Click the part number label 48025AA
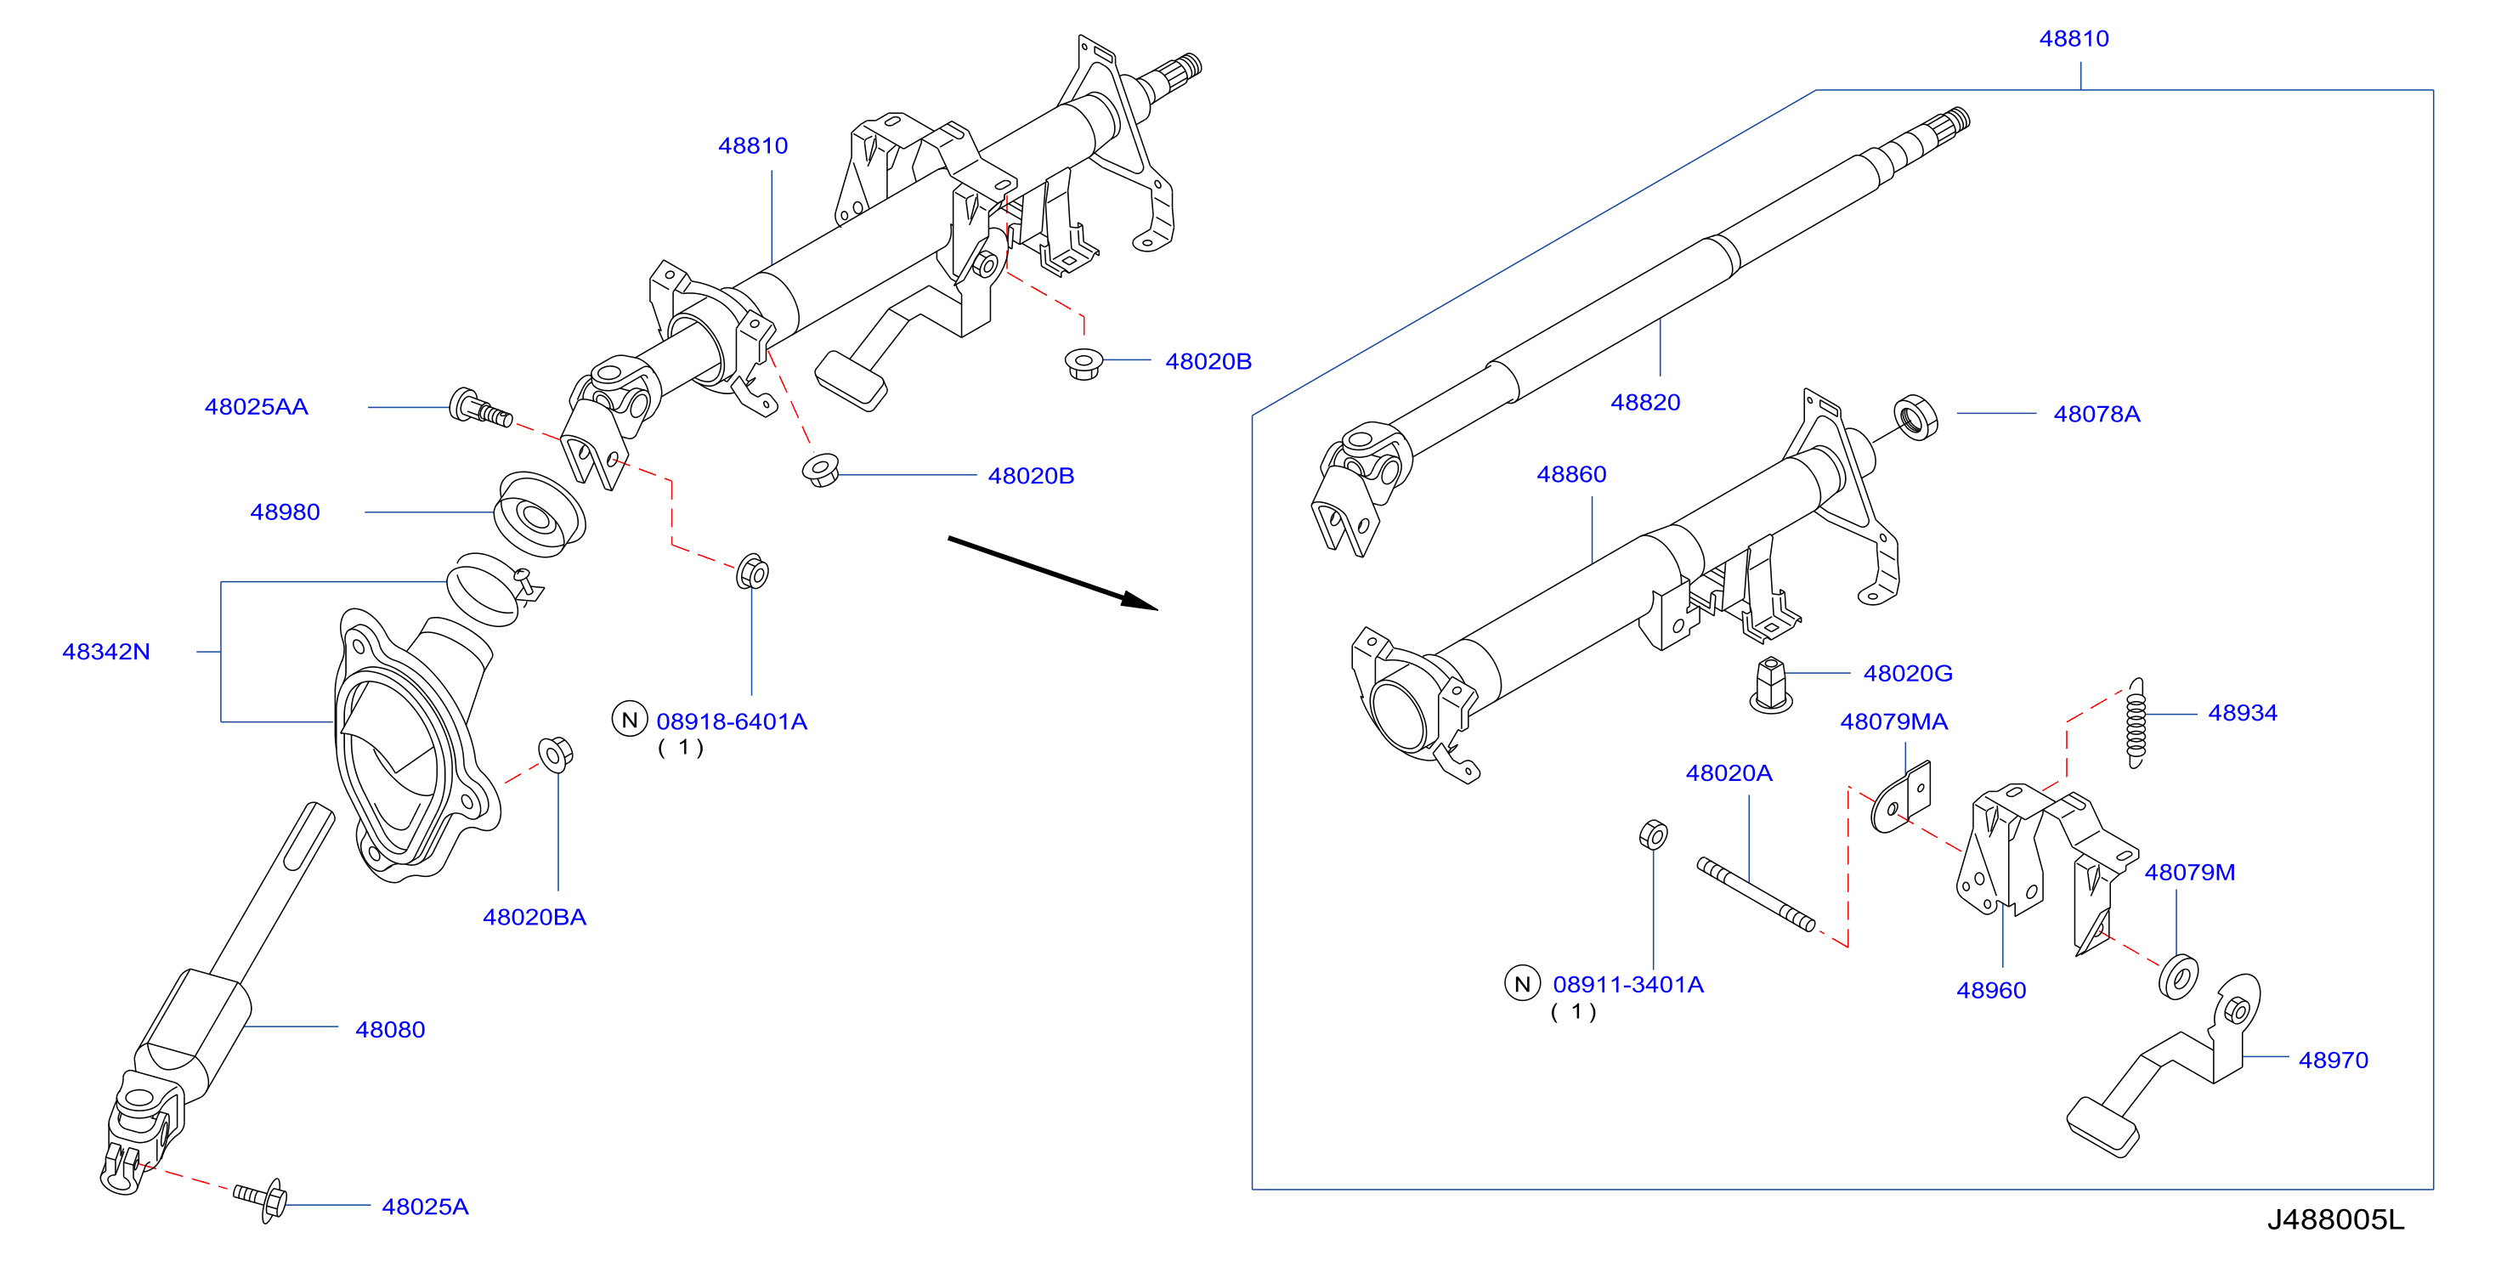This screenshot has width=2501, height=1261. click(257, 407)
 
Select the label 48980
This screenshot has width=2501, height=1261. click(285, 512)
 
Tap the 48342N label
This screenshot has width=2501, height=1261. click(106, 652)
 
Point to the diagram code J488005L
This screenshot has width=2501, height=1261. click(2335, 1219)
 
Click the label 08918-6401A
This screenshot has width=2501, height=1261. click(731, 721)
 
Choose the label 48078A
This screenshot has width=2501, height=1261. click(2096, 414)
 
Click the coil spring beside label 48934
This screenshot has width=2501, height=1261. click(2136, 723)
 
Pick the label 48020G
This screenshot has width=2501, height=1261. click(1908, 673)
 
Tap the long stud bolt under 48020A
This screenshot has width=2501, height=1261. click(1756, 894)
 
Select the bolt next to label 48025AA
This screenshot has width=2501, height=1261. click(481, 409)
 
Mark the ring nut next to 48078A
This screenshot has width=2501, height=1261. click(1915, 417)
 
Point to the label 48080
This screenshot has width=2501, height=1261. click(390, 1029)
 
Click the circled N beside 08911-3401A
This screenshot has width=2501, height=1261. click(1522, 983)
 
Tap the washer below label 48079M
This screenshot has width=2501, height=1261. click(2179, 976)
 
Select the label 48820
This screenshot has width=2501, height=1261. click(1644, 402)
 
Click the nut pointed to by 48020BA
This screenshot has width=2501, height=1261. click(555, 755)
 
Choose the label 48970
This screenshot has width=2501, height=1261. click(2333, 1060)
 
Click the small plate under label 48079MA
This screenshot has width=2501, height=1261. click(1900, 797)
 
